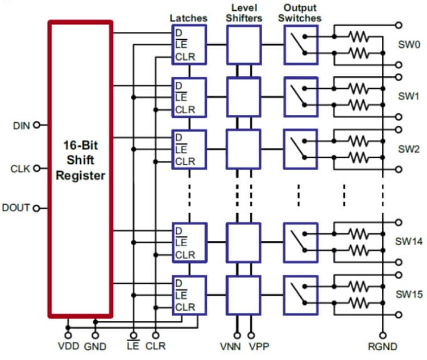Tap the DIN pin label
tap(21, 126)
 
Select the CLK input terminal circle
tap(37, 169)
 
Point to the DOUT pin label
tap(16, 208)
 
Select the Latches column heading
tap(188, 18)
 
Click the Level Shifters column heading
tap(244, 13)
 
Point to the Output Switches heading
tap(301, 13)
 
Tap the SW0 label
tap(408, 45)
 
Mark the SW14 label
tap(409, 242)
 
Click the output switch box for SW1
tap(301, 96)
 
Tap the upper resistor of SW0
tap(359, 37)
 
